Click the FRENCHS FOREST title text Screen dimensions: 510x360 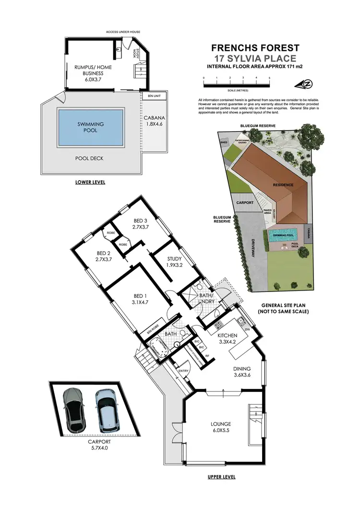[255, 48]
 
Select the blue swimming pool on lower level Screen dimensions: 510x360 [90, 127]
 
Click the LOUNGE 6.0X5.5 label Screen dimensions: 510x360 [221, 427]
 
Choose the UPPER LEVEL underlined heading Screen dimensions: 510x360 [221, 477]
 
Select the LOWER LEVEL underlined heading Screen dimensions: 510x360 [90, 182]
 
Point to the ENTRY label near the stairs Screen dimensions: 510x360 [183, 371]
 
